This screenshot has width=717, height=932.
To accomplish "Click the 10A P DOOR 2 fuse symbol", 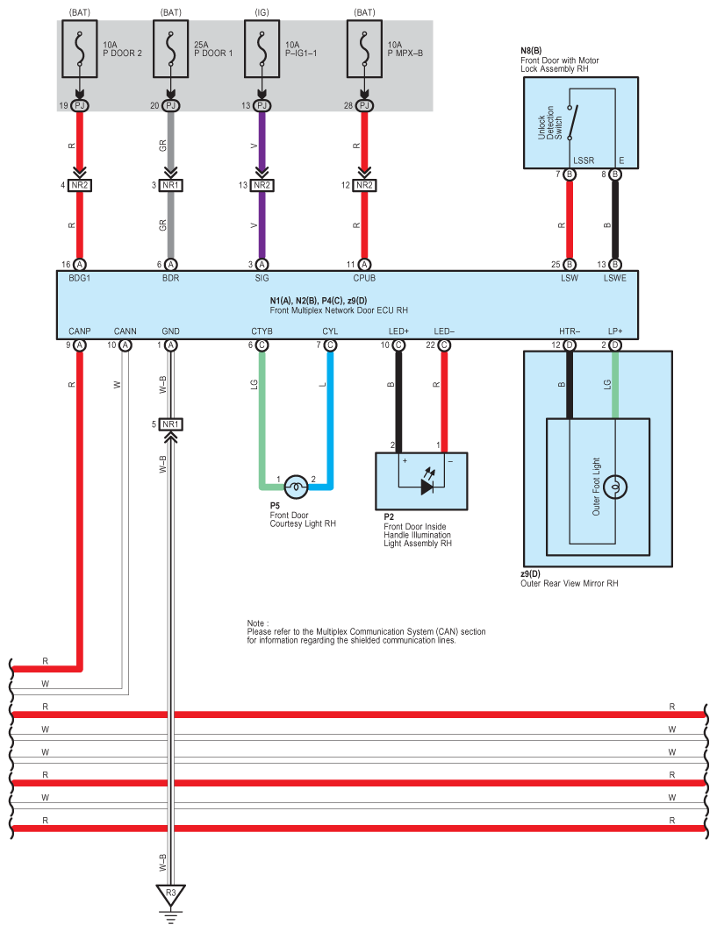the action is [80, 49].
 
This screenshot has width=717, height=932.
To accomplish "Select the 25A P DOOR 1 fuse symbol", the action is [171, 49].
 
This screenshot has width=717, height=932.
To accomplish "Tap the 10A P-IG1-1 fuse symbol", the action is [262, 49].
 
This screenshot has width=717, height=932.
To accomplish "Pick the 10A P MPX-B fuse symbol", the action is [365, 49].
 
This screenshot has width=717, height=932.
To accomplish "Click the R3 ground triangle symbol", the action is [171, 894].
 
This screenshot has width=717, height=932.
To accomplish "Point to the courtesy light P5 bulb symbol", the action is [297, 487].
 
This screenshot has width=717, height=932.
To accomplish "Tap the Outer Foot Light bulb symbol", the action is [615, 487].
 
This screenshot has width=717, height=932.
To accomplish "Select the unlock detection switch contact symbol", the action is [572, 123].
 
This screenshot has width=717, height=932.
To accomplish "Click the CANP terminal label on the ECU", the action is [79, 331].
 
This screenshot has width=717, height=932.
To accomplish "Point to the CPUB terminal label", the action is [364, 278].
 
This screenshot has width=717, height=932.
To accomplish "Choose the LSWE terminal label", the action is [614, 278].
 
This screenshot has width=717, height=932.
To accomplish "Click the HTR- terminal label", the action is [570, 331].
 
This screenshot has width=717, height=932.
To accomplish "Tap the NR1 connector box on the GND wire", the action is [171, 424].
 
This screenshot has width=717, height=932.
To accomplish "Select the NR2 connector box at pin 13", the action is [262, 186].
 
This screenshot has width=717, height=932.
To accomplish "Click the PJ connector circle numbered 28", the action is [365, 105].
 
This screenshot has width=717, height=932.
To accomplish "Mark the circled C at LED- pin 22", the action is [444, 345].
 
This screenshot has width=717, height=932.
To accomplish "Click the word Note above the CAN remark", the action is [256, 623].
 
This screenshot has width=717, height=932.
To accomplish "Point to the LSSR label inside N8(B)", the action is [583, 160].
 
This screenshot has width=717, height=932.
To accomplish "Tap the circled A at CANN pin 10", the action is [125, 345].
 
